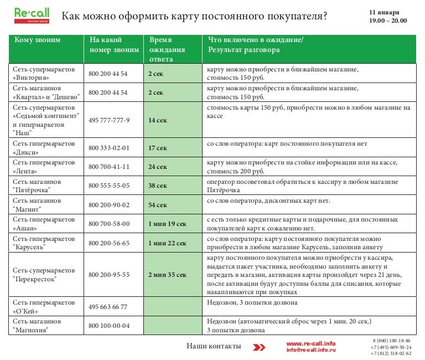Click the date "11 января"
point(384,12)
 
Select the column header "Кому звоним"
point(38,40)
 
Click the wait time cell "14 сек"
point(158,120)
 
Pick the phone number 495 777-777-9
point(109,120)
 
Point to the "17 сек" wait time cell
point(158,148)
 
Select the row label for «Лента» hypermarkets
point(44,167)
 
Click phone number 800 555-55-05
point(109,186)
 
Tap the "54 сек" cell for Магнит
point(158,205)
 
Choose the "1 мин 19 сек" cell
point(167,224)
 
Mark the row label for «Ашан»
point(44,224)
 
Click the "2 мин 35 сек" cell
point(167,275)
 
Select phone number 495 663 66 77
point(108,307)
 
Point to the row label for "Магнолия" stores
point(44,326)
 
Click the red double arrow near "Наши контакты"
point(258,347)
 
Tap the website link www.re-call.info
point(310,343)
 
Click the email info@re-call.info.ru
point(310,351)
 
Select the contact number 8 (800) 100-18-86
point(391,341)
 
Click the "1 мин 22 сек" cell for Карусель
point(167,243)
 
